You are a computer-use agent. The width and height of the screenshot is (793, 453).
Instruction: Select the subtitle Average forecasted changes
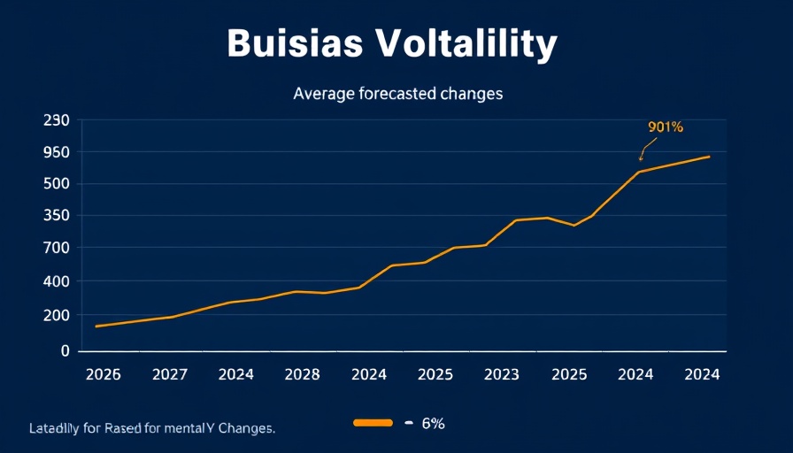pos(398,93)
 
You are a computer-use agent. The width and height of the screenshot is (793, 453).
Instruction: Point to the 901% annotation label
pos(666,127)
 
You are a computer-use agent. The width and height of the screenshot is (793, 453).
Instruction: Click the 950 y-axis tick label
pos(56,151)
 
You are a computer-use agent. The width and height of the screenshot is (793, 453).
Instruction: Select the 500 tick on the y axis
pos(56,184)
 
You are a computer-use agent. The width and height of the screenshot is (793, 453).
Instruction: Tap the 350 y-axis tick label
pos(56,215)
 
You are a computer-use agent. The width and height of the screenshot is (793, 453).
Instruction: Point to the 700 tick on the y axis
pos(56,248)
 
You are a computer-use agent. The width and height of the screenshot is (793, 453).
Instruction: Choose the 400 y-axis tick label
pos(56,281)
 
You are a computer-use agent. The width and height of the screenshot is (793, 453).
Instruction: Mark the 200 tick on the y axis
pos(56,315)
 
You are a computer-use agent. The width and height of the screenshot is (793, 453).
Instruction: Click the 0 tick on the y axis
pos(65,350)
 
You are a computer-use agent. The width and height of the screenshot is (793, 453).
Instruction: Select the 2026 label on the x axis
pos(103,374)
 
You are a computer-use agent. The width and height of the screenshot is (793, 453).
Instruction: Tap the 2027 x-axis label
pos(169,374)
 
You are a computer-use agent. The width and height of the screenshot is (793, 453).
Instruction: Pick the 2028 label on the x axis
pos(302,374)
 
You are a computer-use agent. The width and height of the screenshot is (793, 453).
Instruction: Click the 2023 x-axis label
pos(502,374)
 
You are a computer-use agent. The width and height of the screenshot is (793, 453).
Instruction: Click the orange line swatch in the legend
pos(373,423)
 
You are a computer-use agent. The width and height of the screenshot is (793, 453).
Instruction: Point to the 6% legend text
pos(433,423)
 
